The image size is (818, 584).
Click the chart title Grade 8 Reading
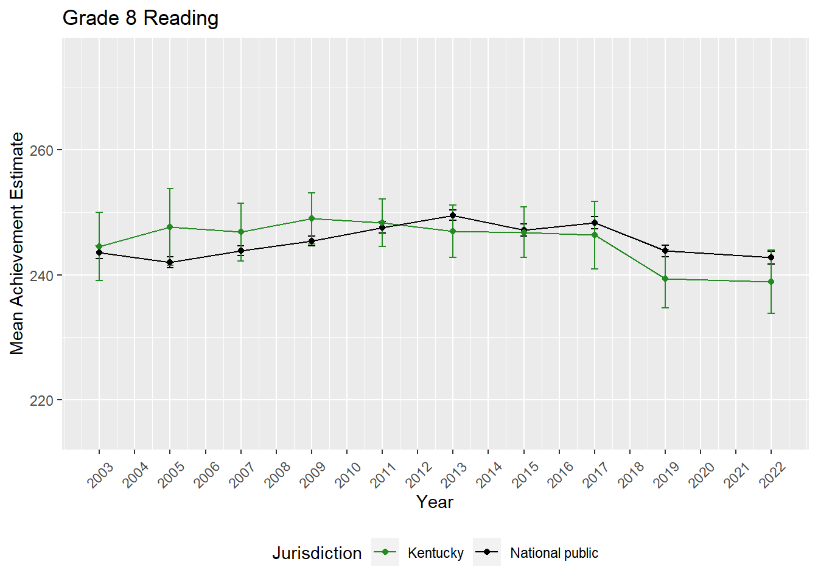click(141, 18)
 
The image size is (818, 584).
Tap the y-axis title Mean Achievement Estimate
click(17, 243)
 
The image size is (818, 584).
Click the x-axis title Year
click(435, 502)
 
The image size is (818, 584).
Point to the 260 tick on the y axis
click(41, 150)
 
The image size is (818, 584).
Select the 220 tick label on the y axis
click(41, 400)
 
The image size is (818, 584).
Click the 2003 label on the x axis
click(100, 475)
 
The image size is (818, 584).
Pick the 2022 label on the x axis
click(772, 475)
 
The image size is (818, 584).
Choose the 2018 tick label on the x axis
click(631, 475)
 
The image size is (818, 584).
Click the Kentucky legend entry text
click(435, 553)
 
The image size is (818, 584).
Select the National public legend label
click(554, 553)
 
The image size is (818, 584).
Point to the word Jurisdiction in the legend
click(316, 553)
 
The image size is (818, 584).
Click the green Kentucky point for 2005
click(170, 227)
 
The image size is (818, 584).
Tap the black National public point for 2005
click(170, 262)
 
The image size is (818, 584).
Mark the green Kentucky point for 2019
click(665, 279)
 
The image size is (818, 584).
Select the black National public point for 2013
click(453, 215)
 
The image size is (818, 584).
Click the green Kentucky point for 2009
click(312, 218)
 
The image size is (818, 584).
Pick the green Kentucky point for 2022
click(771, 282)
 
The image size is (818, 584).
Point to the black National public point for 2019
click(665, 251)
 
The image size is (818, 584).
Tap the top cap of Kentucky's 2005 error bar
click(170, 189)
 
